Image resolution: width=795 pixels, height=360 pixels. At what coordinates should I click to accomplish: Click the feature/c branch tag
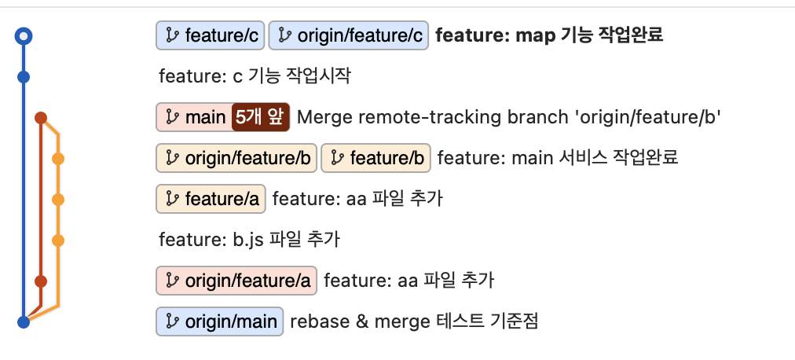click(211, 35)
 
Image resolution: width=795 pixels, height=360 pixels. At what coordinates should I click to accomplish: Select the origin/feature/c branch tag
click(349, 35)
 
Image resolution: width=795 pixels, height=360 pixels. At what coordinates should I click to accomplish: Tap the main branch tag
click(194, 117)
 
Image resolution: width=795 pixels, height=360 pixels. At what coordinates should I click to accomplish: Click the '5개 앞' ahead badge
click(261, 117)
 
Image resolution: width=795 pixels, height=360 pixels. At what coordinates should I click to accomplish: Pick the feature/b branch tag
click(376, 158)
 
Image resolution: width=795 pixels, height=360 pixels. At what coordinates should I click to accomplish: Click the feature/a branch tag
click(211, 199)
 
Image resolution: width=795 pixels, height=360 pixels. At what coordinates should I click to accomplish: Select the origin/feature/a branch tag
click(236, 281)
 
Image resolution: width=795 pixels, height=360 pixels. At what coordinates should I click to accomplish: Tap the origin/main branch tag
click(221, 321)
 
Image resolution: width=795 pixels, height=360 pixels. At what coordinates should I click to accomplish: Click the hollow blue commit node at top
click(24, 35)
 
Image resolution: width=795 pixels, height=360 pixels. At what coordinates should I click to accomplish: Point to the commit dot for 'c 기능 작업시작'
click(24, 77)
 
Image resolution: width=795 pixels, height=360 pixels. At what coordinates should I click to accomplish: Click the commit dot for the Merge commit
click(41, 119)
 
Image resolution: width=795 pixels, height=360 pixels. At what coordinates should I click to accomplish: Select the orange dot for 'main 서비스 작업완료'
click(57, 159)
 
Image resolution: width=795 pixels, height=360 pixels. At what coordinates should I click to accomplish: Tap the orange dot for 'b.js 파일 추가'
click(57, 240)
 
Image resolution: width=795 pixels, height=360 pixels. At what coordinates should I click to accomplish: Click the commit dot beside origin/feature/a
click(41, 281)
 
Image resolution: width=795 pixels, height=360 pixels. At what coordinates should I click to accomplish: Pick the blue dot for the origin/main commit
click(24, 321)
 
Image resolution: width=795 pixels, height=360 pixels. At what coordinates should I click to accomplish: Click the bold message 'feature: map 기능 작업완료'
click(549, 35)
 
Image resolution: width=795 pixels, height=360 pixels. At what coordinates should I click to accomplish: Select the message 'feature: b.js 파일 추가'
click(249, 240)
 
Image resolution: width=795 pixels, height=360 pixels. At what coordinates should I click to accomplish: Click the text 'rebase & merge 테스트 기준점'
click(414, 321)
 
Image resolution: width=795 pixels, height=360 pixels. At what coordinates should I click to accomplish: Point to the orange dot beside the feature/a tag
click(57, 199)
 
